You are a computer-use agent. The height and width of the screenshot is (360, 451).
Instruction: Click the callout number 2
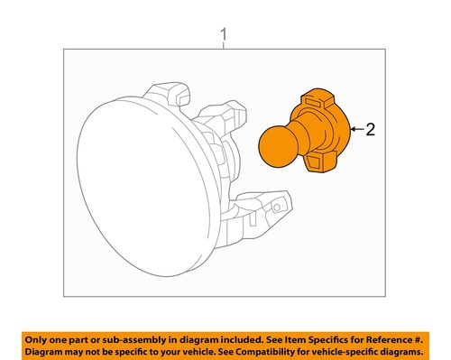tap(370, 131)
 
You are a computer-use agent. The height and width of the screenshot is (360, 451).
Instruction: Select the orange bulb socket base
tap(322, 135)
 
